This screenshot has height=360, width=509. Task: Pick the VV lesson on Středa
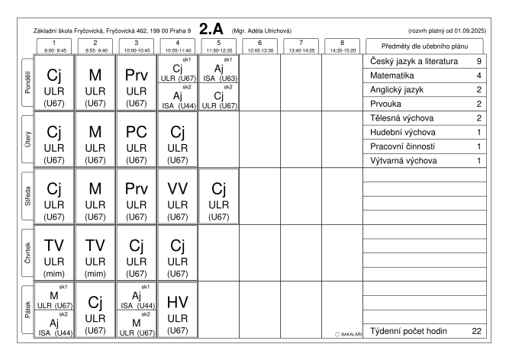coord(177,196)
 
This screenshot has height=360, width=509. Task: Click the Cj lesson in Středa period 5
coord(219,196)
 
